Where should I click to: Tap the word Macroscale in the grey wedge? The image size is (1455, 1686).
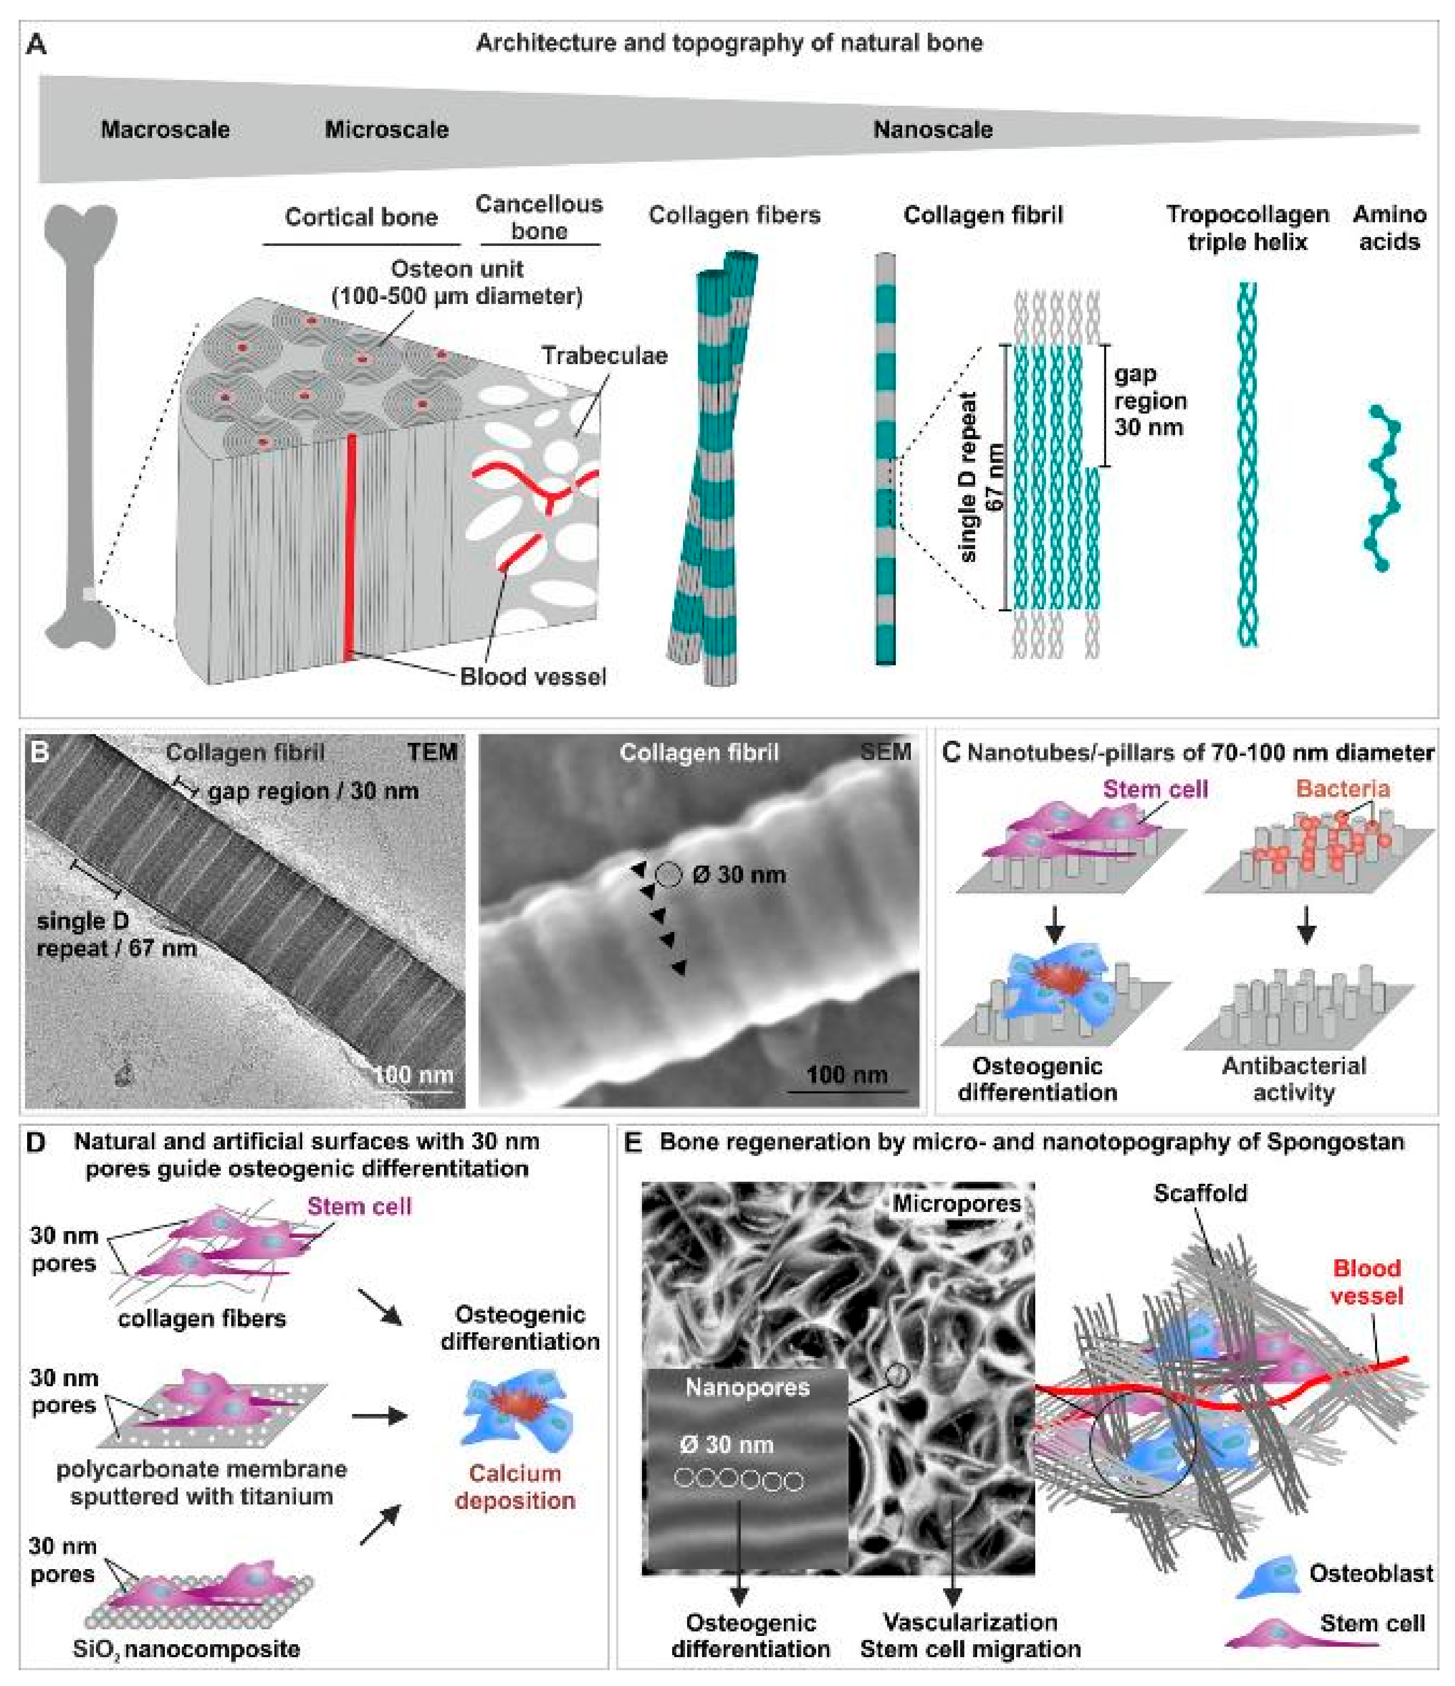coord(165,129)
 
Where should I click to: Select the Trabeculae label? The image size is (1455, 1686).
coord(605,355)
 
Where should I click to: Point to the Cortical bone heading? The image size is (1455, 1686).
coord(361,217)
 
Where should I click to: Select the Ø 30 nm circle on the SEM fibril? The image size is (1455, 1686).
coord(668,875)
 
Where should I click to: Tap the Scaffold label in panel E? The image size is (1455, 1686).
coord(1199,1194)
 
